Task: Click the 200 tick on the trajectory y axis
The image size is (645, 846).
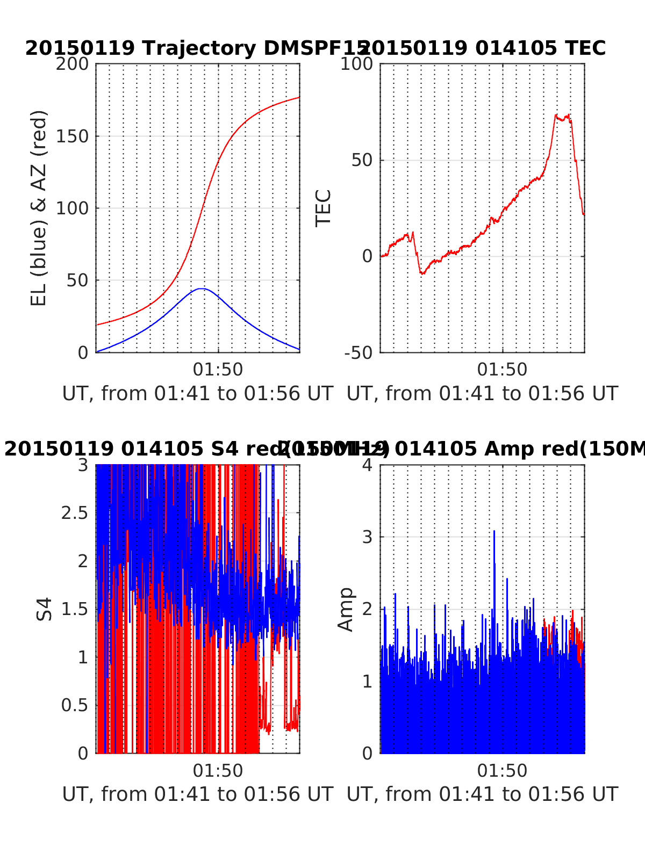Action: pos(76,64)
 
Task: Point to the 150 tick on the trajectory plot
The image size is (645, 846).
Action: pos(76,136)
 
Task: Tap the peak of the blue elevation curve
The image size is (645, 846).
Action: pos(201,289)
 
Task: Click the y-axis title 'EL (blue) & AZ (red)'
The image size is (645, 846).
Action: pos(39,208)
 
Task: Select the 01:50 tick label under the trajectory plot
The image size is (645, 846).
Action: pos(218,370)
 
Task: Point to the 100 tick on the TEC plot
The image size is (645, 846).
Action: pos(361,64)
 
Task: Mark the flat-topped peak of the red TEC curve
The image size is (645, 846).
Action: pos(562,118)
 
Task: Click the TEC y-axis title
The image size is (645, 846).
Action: pos(324,208)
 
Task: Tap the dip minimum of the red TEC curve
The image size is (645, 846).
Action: pos(422,273)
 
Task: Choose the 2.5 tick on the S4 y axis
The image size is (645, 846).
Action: pos(74,513)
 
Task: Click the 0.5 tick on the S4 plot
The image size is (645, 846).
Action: pos(74,705)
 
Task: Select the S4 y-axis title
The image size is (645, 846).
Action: pos(45,609)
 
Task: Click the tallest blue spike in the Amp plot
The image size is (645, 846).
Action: pos(494,531)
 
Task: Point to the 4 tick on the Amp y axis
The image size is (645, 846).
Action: pos(368,465)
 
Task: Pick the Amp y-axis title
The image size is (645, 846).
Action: pos(346,609)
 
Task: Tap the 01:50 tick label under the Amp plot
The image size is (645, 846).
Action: pos(502,771)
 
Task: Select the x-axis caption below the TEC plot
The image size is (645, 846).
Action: pos(482,394)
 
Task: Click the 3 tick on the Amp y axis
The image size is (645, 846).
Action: pos(368,537)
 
